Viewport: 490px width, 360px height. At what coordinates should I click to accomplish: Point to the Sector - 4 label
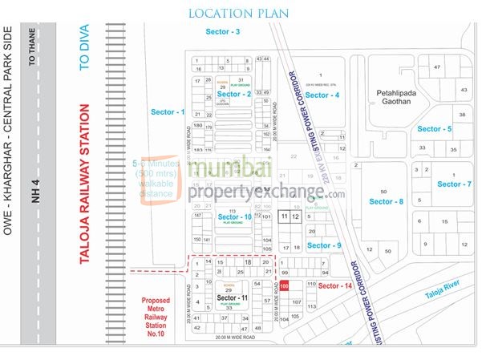click(322, 95)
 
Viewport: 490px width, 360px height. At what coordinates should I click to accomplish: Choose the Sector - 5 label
click(435, 128)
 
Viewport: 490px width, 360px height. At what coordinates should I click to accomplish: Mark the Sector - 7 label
click(455, 184)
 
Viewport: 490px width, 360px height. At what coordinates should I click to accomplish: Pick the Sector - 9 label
click(325, 245)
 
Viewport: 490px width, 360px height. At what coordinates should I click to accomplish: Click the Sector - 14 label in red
click(335, 286)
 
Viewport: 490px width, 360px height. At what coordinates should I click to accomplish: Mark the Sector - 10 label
click(235, 217)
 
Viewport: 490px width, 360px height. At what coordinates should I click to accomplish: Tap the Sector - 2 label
click(234, 95)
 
